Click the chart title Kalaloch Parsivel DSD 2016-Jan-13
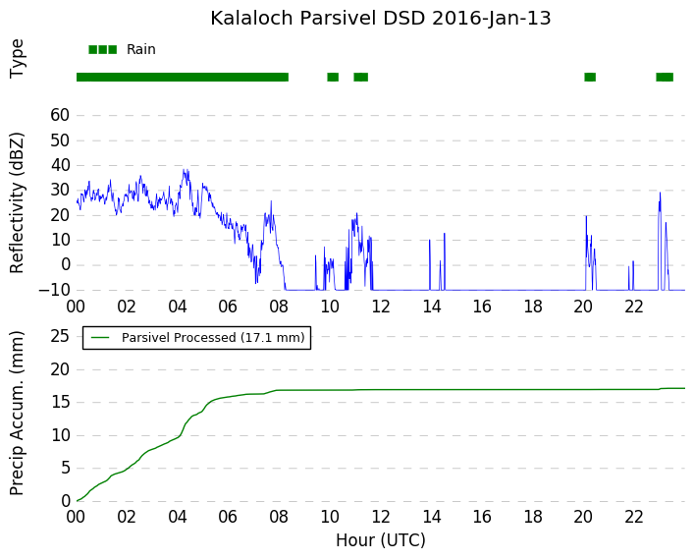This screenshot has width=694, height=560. pyautogui.click(x=381, y=19)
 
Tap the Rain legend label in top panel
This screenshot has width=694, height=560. pyautogui.click(x=141, y=49)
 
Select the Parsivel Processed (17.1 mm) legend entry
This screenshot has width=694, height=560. pyautogui.click(x=197, y=338)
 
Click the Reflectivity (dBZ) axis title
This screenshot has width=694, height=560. pyautogui.click(x=17, y=203)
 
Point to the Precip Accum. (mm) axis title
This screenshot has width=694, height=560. pyautogui.click(x=17, y=413)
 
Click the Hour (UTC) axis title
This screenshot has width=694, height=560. pyautogui.click(x=381, y=540)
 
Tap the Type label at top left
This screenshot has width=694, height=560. pyautogui.click(x=17, y=59)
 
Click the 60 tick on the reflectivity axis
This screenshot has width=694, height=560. pyautogui.click(x=60, y=115)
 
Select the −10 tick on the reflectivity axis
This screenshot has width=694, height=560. pyautogui.click(x=54, y=290)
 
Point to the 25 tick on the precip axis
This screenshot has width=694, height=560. pyautogui.click(x=60, y=336)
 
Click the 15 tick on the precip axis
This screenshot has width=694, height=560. pyautogui.click(x=60, y=402)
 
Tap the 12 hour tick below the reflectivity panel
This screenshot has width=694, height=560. pyautogui.click(x=381, y=307)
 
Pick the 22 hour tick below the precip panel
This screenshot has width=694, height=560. pyautogui.click(x=634, y=517)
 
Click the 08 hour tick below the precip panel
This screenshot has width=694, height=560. pyautogui.click(x=279, y=517)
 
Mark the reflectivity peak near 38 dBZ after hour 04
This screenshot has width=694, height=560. pyautogui.click(x=185, y=170)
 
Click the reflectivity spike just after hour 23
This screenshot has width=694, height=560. pyautogui.click(x=660, y=194)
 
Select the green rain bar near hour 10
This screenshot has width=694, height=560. pyautogui.click(x=333, y=77)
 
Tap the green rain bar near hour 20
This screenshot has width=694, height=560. pyautogui.click(x=590, y=77)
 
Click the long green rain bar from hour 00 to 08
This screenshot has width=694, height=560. pyautogui.click(x=183, y=77)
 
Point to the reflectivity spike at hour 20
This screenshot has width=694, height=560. pyautogui.click(x=586, y=217)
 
